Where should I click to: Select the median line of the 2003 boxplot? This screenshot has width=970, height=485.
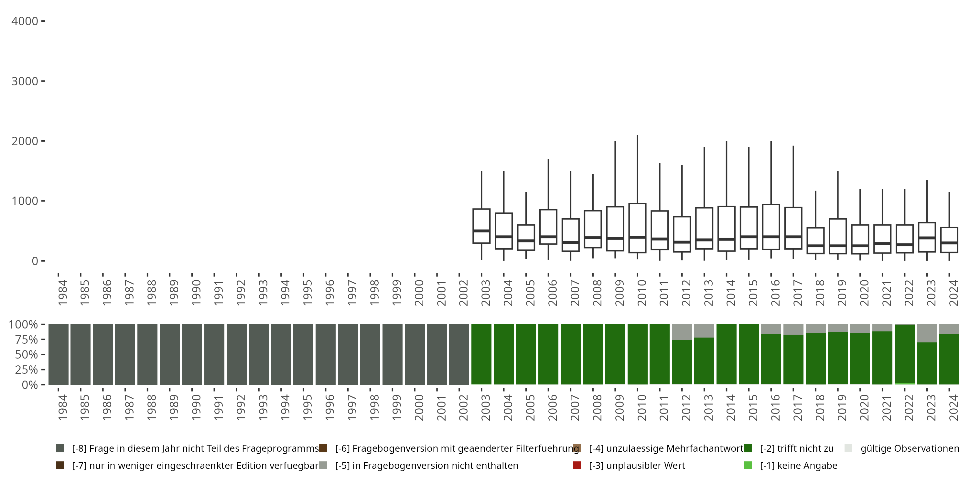tap(481, 231)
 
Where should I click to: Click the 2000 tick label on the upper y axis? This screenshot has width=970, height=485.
tap(25, 141)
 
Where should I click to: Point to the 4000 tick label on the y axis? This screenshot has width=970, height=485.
tap(25, 21)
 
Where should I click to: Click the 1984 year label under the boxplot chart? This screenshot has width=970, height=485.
tap(62, 293)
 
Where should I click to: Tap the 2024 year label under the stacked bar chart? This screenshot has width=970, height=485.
tap(954, 408)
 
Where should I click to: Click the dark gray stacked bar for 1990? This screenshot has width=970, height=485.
tap(192, 354)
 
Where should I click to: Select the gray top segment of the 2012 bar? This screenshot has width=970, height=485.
tap(682, 332)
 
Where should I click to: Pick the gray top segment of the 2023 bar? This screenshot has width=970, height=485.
tap(927, 333)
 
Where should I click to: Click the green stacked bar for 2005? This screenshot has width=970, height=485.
tap(526, 354)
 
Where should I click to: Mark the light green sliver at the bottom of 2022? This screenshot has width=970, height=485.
tap(904, 383)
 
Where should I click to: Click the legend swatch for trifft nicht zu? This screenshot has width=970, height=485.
tap(748, 448)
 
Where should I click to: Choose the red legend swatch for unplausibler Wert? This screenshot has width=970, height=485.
tap(577, 465)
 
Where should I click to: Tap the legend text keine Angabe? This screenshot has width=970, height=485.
tap(798, 465)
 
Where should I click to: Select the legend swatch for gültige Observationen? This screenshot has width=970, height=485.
tap(848, 448)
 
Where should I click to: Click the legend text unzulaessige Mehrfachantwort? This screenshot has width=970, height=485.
tap(666, 448)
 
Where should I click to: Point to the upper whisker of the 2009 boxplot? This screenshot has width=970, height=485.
tap(615, 174)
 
